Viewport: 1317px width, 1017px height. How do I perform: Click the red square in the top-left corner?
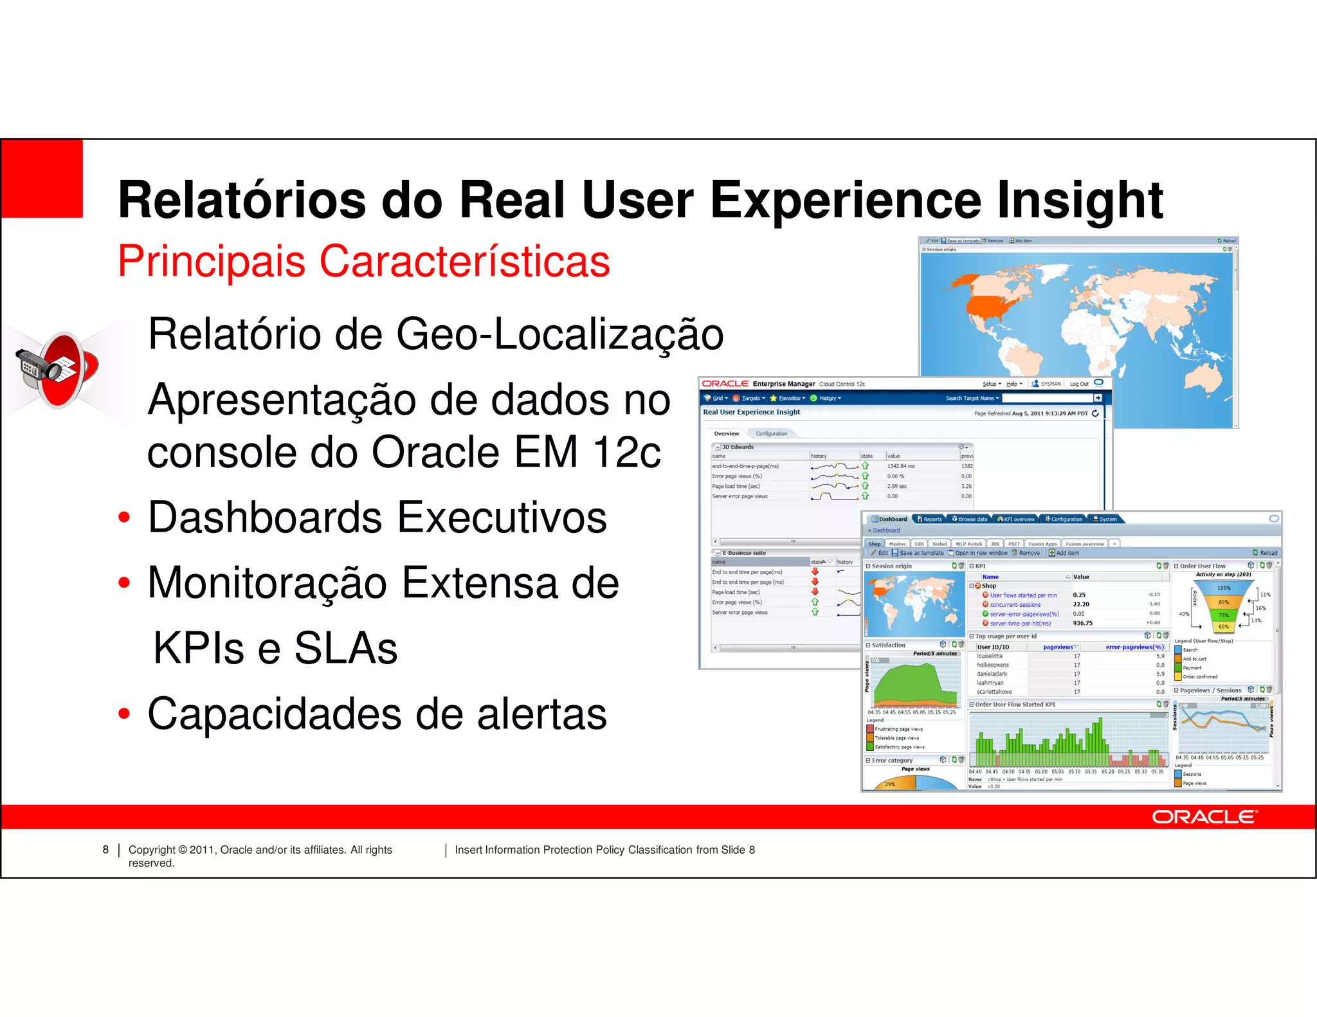[x=42, y=179]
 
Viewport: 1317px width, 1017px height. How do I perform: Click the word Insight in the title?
[x=1080, y=200]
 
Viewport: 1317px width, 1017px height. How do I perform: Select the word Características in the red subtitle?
[x=464, y=262]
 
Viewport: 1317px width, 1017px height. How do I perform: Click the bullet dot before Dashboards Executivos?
[x=124, y=517]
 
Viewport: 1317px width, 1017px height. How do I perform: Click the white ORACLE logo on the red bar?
[x=1204, y=817]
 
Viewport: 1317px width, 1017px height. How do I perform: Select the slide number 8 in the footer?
[x=105, y=850]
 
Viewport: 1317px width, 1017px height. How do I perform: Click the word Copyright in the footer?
[x=152, y=850]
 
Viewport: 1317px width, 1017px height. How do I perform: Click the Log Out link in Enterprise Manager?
[x=1079, y=384]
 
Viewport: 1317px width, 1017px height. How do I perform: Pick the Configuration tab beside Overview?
[x=771, y=433]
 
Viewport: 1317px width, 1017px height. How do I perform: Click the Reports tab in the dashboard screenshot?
[x=931, y=519]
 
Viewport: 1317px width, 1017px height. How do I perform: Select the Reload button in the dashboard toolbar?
[x=1265, y=553]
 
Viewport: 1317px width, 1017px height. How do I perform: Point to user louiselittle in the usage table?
[x=990, y=656]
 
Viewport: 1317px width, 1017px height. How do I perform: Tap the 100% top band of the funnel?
[x=1223, y=588]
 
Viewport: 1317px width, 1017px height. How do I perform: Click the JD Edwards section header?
[x=738, y=447]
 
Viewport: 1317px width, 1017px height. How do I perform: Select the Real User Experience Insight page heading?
[x=751, y=412]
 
